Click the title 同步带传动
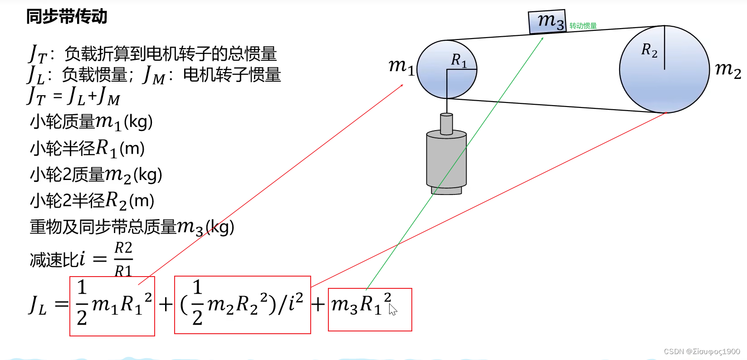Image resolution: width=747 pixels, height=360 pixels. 67,17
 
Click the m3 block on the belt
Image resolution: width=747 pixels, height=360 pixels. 547,21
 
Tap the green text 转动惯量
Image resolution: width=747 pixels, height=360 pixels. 583,26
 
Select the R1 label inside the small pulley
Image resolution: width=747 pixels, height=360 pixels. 459,60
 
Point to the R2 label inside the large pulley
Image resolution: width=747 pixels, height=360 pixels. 649,50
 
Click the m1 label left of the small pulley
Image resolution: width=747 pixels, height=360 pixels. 401,66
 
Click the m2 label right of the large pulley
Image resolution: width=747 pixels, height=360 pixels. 727,69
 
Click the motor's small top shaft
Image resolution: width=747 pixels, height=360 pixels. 446,123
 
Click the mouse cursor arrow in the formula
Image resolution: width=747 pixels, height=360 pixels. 392,310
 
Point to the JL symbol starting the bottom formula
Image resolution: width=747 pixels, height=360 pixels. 38,305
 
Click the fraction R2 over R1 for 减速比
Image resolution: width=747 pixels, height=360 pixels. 123,259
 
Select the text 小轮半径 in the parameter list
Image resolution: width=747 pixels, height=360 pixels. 63,148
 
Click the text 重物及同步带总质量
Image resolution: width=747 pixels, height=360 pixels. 103,227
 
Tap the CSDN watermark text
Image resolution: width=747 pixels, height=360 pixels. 702,351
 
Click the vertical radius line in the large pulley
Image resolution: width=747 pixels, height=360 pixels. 664,48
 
